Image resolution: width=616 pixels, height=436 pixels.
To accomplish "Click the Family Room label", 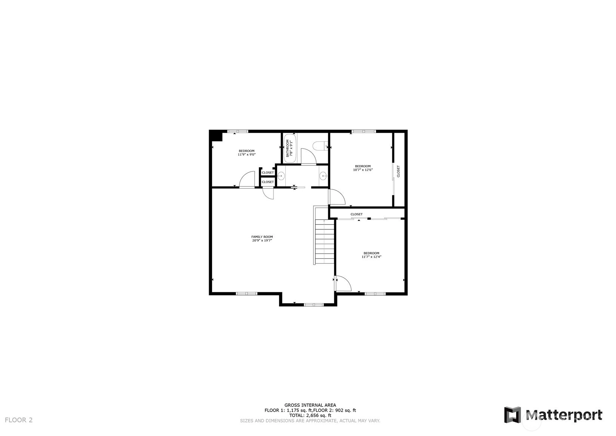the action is click(x=262, y=239).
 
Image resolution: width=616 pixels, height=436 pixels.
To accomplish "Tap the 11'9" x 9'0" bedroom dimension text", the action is click(x=247, y=155).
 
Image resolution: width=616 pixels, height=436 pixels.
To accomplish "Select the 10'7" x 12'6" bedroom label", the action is click(x=363, y=168).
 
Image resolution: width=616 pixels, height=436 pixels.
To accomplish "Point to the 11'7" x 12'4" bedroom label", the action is click(x=371, y=255).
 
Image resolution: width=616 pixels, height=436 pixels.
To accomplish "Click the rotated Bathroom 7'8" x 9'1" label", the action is click(x=289, y=148).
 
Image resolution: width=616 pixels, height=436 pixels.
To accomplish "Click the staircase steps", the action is click(x=325, y=241).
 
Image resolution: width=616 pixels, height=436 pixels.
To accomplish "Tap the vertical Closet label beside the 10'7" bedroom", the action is click(x=398, y=171).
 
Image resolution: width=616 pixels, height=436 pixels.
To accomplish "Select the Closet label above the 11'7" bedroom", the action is click(x=356, y=214).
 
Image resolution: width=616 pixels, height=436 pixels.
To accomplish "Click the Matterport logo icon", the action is click(x=512, y=415).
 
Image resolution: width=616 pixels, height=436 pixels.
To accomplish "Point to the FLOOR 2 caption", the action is click(x=19, y=420).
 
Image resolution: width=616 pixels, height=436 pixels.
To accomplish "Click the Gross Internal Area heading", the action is click(x=310, y=405).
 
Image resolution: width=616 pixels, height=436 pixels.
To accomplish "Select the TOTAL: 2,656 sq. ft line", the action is click(x=310, y=415).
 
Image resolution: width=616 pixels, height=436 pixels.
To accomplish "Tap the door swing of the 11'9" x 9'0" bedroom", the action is click(x=247, y=180).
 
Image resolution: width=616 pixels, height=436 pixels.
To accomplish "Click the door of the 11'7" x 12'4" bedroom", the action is click(x=343, y=284).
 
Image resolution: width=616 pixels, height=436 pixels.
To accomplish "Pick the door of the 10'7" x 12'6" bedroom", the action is click(x=337, y=197).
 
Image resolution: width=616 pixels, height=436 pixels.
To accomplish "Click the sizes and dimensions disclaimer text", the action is click(x=310, y=421).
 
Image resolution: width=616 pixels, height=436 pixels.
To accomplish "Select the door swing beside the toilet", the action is click(x=309, y=156).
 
